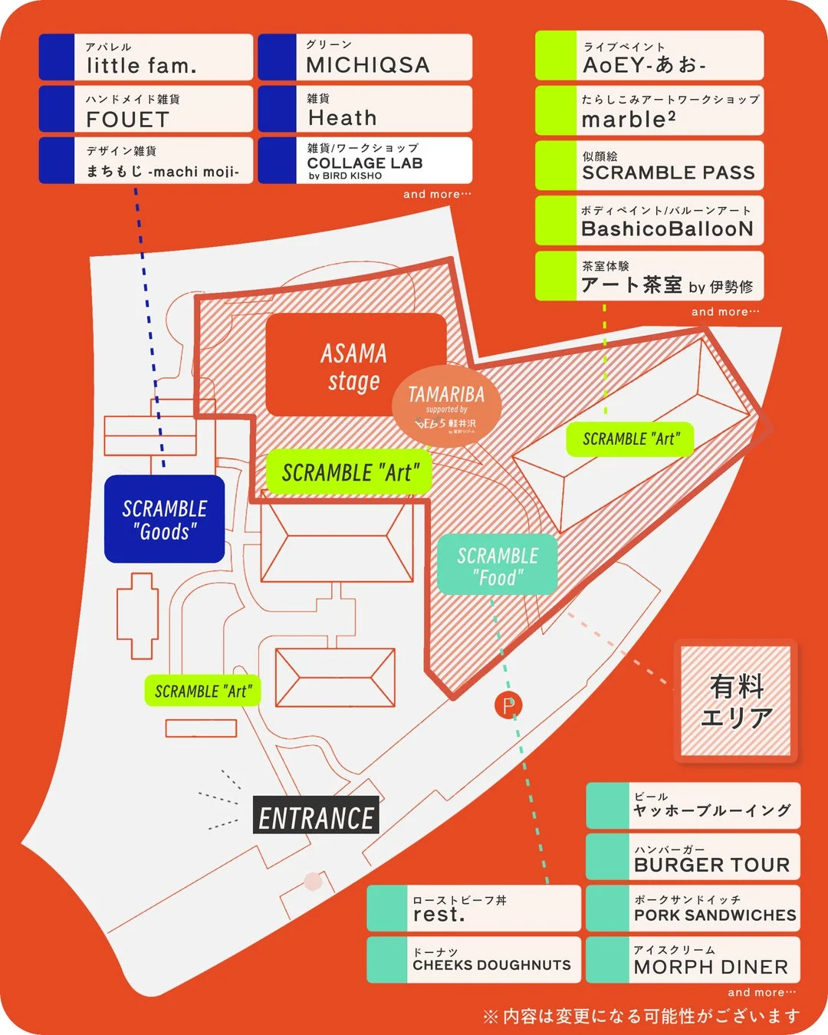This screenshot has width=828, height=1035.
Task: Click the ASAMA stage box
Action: [354, 366]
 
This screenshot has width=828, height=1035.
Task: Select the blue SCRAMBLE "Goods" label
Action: [164, 520]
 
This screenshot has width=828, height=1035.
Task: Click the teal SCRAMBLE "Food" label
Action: [498, 565]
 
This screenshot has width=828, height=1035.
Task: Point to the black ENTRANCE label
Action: [316, 818]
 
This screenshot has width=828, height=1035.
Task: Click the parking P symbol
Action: [508, 705]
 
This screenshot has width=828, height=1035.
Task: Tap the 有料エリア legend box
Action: [736, 701]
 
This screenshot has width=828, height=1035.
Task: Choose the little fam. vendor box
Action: [146, 58]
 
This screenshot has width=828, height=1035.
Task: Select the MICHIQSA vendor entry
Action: [365, 58]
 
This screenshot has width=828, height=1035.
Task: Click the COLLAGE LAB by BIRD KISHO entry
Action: [365, 161]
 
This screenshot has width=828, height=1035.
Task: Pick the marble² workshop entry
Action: [649, 110]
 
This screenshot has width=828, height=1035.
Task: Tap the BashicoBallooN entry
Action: [649, 221]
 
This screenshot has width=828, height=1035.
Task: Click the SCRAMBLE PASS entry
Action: [649, 166]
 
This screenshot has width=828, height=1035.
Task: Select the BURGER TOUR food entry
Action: [693, 856]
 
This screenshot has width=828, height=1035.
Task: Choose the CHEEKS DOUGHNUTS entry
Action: [474, 960]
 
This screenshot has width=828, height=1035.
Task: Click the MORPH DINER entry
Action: [693, 960]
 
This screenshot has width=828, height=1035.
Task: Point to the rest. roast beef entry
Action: [474, 909]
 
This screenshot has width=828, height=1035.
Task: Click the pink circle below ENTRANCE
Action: [312, 881]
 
